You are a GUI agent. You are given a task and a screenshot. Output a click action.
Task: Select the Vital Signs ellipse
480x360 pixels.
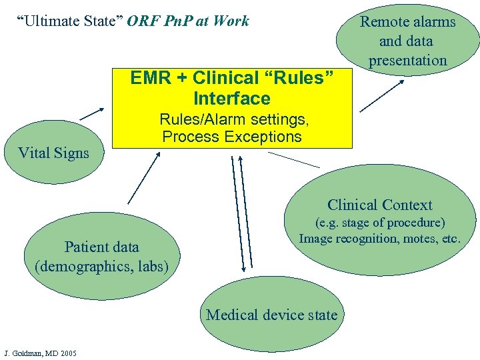(53, 153)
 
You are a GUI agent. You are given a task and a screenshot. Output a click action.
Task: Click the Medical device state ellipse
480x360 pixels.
(272, 315)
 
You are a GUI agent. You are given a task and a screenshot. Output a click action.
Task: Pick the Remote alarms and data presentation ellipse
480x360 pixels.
(407, 41)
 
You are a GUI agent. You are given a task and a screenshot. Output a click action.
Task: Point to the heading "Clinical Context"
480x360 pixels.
(379, 205)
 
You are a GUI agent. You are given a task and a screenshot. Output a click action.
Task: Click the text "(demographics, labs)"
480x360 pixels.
(101, 267)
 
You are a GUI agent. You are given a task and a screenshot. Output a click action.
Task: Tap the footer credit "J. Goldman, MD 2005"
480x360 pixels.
(40, 352)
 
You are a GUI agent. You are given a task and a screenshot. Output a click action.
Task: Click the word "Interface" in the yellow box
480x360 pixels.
(232, 99)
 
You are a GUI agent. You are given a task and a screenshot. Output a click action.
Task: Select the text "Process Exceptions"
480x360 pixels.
(232, 137)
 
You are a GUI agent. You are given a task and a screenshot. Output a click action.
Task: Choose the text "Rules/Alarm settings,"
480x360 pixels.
(233, 120)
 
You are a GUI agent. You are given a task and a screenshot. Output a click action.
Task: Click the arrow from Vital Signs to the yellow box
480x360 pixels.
(92, 114)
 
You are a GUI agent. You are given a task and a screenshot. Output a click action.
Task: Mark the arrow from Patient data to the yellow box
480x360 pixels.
(143, 177)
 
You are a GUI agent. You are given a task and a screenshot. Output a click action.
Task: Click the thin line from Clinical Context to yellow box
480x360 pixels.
(293, 160)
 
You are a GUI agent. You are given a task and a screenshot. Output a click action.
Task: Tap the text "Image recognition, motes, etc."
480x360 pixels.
(379, 238)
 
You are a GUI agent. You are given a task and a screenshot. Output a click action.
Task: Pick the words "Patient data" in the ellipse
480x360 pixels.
(101, 247)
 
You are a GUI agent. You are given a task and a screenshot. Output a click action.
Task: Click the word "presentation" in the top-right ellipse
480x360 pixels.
(407, 60)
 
